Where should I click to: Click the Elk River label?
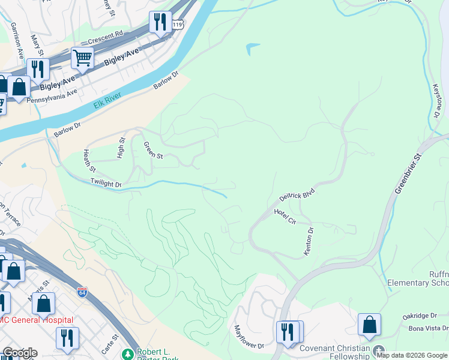(107, 100)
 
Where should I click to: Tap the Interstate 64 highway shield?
(82, 293)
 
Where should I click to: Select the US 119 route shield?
(177, 25)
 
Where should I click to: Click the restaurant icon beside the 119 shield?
(160, 23)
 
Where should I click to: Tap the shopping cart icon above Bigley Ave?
(82, 58)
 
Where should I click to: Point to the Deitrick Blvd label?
(297, 194)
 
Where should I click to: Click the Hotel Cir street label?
(285, 217)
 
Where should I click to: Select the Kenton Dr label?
(309, 241)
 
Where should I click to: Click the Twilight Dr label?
(106, 182)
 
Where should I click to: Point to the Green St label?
(153, 150)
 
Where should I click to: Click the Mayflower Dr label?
(249, 337)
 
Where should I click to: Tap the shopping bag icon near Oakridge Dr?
(369, 325)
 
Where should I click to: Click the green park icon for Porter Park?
(127, 354)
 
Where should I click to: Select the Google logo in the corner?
(20, 353)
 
